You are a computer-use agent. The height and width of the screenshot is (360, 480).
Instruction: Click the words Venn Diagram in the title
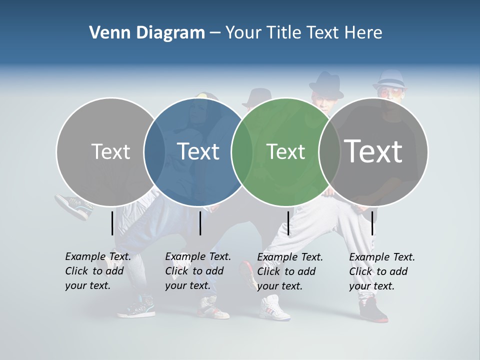147,33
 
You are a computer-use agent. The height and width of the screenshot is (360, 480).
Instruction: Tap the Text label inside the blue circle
198,151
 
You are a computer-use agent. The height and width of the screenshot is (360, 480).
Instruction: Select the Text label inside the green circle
285,151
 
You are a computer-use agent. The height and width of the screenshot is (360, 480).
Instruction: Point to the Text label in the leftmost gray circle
110,151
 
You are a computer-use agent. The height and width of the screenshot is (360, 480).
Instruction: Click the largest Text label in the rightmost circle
373,151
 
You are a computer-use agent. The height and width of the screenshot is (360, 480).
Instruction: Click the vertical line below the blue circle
200,223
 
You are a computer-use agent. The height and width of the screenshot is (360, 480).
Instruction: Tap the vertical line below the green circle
288,223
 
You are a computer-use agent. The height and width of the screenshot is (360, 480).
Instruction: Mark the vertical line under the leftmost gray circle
112,223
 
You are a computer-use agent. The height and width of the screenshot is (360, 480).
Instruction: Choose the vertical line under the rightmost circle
372,223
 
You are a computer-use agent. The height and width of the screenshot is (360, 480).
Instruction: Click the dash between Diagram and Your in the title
214,33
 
